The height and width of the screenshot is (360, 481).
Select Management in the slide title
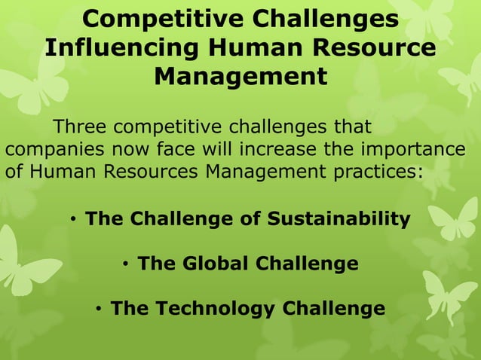tap(240, 77)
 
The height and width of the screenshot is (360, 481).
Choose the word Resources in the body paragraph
tap(141, 171)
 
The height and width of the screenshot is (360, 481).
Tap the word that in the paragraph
tap(353, 124)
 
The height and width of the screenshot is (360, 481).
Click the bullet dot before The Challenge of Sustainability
tap(74, 220)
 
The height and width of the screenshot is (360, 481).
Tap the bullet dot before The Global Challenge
tap(126, 264)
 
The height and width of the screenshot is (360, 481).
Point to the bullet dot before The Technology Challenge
tap(100, 310)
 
